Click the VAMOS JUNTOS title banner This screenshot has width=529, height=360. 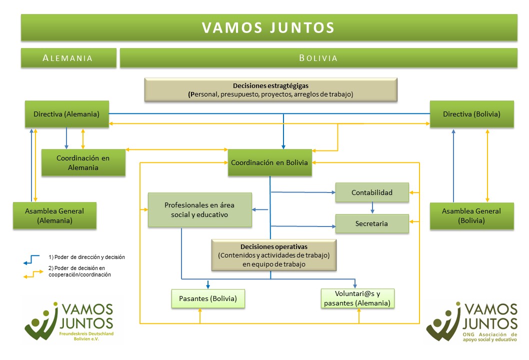(268, 27)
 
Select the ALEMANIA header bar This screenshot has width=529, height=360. (68, 57)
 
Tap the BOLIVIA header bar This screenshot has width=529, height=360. (318, 57)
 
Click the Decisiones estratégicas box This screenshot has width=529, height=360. (270, 89)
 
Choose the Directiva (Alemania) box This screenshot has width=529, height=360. (66, 114)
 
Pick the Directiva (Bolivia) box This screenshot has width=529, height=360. (471, 114)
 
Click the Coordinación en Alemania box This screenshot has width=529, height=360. (83, 162)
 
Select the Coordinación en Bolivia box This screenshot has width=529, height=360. (269, 162)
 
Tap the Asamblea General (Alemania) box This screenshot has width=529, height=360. (54, 215)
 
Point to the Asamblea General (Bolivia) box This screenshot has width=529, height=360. (471, 215)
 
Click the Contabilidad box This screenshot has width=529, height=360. (372, 192)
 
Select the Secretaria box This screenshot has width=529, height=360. (372, 223)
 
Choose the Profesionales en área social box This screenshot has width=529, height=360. (199, 210)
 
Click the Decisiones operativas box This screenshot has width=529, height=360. (273, 255)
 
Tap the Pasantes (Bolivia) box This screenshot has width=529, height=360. (208, 299)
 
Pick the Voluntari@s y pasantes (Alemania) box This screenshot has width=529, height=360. (358, 298)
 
